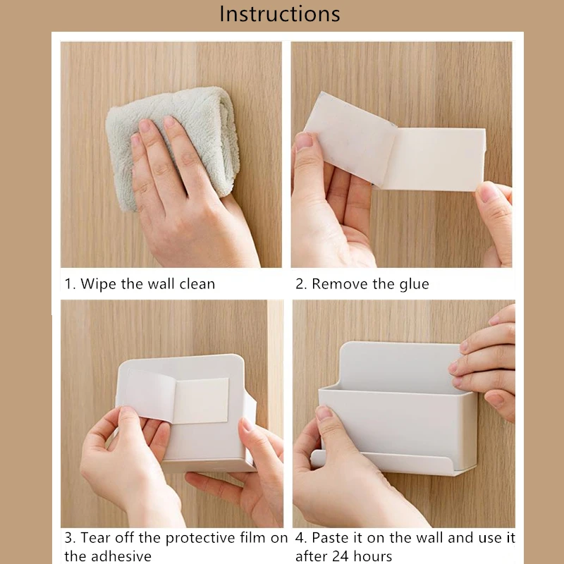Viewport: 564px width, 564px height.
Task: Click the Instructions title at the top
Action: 280,14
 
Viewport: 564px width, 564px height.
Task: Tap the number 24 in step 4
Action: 340,556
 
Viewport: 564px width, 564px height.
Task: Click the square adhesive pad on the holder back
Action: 200,400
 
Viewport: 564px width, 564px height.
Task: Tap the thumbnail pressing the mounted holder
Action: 324,413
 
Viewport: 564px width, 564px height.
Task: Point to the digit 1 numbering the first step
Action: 68,284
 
